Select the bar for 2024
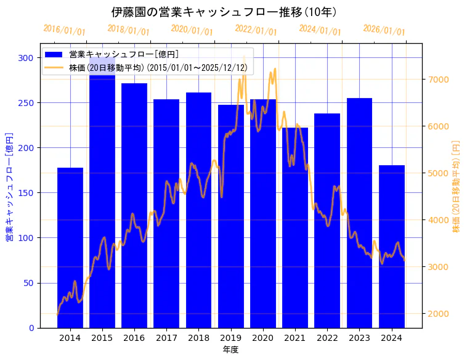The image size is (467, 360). (x=392, y=247)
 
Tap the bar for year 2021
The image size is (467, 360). (x=295, y=247)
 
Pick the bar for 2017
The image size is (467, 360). (x=166, y=247)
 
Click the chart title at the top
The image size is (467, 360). (x=224, y=12)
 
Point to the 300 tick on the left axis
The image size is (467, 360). (x=26, y=58)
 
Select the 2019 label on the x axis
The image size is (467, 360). (x=230, y=338)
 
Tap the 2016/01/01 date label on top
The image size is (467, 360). (x=65, y=30)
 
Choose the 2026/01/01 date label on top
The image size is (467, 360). (x=384, y=30)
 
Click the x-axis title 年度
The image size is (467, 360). (x=230, y=350)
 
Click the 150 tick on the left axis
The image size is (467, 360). (x=26, y=193)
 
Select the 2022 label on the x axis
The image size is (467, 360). (x=327, y=338)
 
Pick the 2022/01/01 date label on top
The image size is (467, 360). (x=256, y=30)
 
